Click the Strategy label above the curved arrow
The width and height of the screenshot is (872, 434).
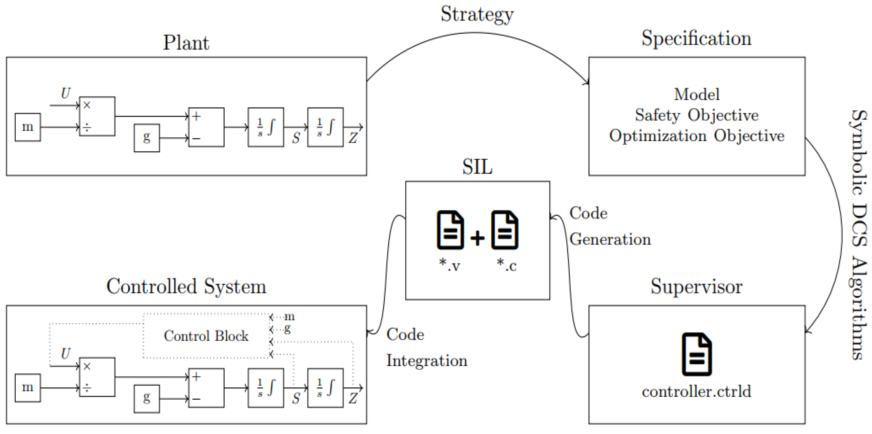[x=477, y=14]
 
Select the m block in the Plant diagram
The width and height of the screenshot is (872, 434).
[x=28, y=127]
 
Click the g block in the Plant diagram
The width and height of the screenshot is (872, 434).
[x=146, y=138]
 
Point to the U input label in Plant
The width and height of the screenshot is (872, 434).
[x=66, y=93]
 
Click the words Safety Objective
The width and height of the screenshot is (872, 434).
[x=696, y=115]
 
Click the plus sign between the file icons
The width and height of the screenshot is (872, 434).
[x=477, y=238]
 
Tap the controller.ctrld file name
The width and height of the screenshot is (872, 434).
[x=696, y=391]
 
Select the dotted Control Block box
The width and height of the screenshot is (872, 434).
[x=206, y=336]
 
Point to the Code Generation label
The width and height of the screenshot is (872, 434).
[x=609, y=226]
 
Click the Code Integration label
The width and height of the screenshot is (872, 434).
[x=426, y=347]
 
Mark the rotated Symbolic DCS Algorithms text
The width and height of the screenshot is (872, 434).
[x=859, y=234]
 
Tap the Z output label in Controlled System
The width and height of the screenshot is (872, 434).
[x=353, y=398]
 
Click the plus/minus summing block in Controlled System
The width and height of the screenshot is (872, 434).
[x=206, y=388]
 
